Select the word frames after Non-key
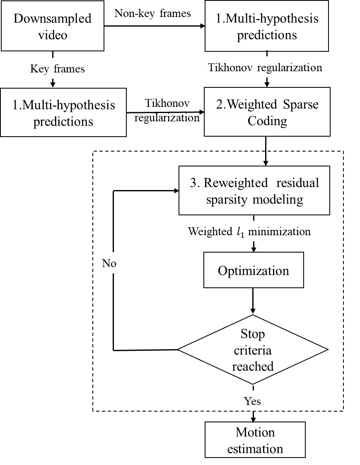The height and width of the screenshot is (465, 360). tap(175, 14)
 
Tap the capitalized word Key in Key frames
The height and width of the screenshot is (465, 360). tap(39, 69)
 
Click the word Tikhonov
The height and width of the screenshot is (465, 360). tap(230, 67)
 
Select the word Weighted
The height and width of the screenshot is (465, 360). tap(210, 231)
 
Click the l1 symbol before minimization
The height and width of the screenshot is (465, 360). tap(240, 232)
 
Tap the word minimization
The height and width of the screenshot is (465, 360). tap(279, 231)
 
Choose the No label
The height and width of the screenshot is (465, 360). tap(109, 264)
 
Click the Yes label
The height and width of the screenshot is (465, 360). tap(252, 401)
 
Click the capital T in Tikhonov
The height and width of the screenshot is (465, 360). tap(211, 67)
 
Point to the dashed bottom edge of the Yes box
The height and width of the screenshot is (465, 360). tap(254, 411)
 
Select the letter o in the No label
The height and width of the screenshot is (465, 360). tap(113, 265)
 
